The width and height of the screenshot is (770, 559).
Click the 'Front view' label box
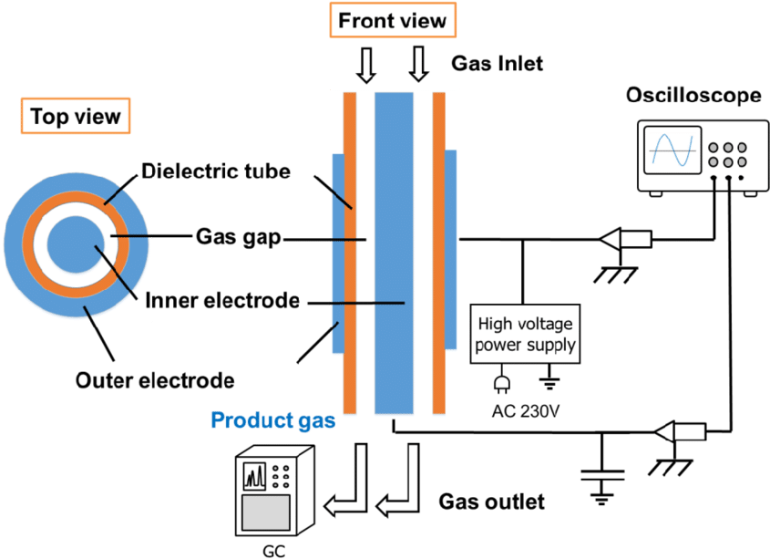pos(392,20)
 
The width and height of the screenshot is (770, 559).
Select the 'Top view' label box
pos(76,117)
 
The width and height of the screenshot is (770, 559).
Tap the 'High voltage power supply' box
pos(526,335)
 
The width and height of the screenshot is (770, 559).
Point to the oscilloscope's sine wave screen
pos(671,150)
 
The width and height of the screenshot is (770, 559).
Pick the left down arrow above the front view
pos(366,65)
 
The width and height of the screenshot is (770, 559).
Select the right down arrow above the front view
pos(419,65)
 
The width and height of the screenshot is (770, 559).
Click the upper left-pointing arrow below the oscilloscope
pos(626,239)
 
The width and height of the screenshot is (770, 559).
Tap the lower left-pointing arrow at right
pos(681,431)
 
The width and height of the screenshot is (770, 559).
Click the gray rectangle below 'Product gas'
pos(266,512)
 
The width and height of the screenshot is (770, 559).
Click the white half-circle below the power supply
pos(501,384)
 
